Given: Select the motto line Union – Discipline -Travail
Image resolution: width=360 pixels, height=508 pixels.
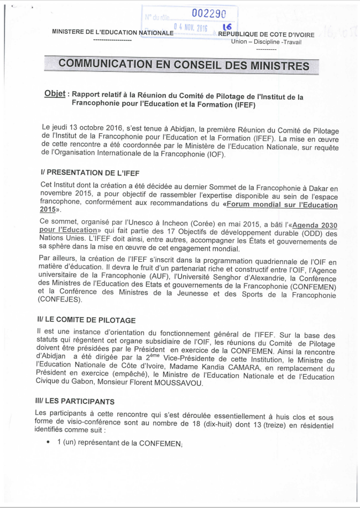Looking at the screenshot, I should pos(266,42).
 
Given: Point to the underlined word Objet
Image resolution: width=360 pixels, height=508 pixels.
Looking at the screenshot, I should pos(55,94).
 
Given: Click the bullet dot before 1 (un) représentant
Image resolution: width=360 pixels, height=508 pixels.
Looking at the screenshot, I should pos(49,441).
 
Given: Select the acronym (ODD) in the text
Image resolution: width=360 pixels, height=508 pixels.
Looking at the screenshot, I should pos(302,234).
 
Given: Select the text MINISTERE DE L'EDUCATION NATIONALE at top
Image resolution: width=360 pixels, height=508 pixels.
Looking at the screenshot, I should pos(113,32).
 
